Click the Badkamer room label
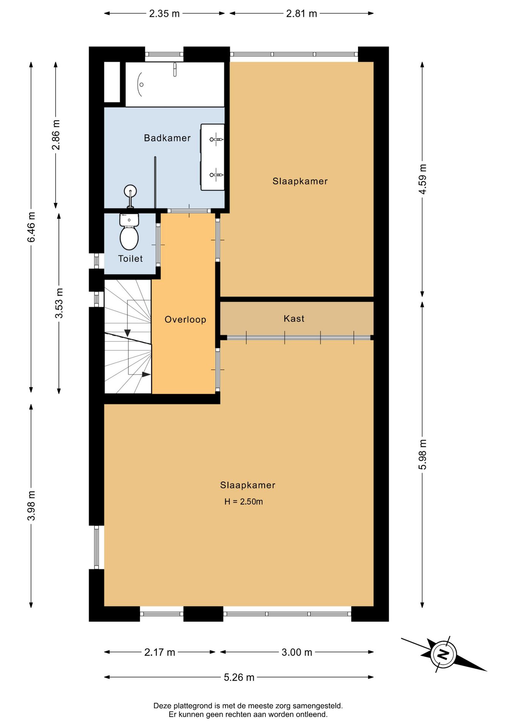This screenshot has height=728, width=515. tap(167, 138)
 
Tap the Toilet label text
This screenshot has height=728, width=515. tap(130, 259)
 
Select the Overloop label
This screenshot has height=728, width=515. tap(185, 320)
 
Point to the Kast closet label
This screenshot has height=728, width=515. tap(294, 318)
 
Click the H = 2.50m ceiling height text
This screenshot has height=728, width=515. tap(243, 502)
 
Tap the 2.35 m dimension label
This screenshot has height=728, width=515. tap(164, 14)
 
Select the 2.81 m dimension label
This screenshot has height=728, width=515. tap(301, 14)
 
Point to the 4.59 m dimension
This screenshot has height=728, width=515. tap(422, 179)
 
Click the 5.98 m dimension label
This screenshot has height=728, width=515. tap(422, 454)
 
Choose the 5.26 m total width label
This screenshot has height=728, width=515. tap(239, 677)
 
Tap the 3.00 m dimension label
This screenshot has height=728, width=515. tap(297, 652)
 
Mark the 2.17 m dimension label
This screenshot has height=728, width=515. tap(160, 652)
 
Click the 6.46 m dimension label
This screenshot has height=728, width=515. tap(31, 227)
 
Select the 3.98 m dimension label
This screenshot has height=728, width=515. tap(31, 505)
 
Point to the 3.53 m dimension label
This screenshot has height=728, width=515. tap(59, 303)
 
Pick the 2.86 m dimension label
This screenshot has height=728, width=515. tap(56, 135)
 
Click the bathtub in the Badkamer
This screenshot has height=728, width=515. tap(175, 84)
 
